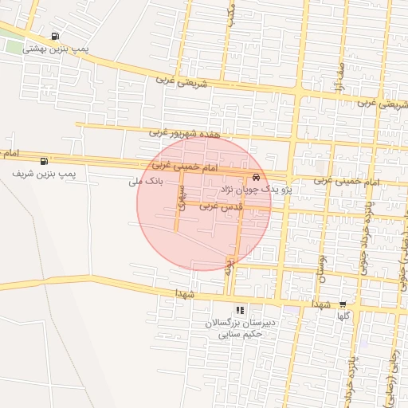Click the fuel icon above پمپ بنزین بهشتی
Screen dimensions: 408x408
pyautogui.click(x=54, y=36)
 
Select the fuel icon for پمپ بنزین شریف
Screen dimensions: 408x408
pyautogui.click(x=43, y=161)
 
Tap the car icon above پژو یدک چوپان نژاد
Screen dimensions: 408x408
pyautogui.click(x=255, y=177)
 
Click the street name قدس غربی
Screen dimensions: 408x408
pyautogui.click(x=220, y=206)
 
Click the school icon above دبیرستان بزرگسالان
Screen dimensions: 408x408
pyautogui.click(x=239, y=310)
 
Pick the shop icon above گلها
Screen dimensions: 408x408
pyautogui.click(x=343, y=304)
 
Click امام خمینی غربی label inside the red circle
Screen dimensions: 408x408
pyautogui.click(x=183, y=166)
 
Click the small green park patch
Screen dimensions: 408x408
pyautogui.click(x=11, y=45)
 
